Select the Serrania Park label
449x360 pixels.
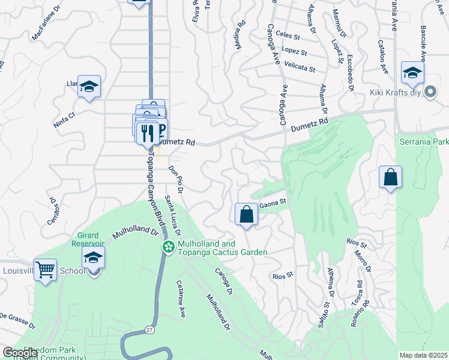424,142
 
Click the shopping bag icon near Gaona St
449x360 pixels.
246,214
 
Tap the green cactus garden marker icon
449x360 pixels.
169,247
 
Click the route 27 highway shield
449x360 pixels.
149,329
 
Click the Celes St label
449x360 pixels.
288,36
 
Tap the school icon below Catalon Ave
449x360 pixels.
412,73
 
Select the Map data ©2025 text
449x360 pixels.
423,355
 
